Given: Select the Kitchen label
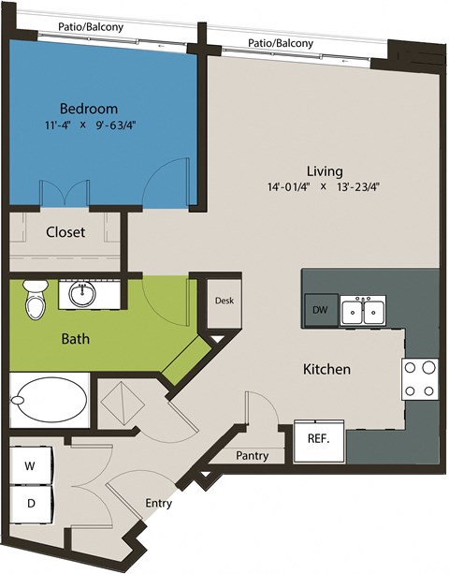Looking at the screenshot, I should click(x=326, y=369).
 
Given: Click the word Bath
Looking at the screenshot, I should click(x=50, y=338).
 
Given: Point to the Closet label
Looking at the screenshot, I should click(x=65, y=231).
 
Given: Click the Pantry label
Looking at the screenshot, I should click(x=253, y=456).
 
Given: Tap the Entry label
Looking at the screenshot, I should click(x=158, y=504).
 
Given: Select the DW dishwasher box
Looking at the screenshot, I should click(x=318, y=310).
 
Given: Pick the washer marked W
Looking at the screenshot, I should click(x=30, y=465).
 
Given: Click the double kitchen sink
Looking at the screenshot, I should click(x=363, y=311).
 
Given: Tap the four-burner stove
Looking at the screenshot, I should click(x=420, y=378).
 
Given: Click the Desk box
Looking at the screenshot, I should click(x=224, y=302).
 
